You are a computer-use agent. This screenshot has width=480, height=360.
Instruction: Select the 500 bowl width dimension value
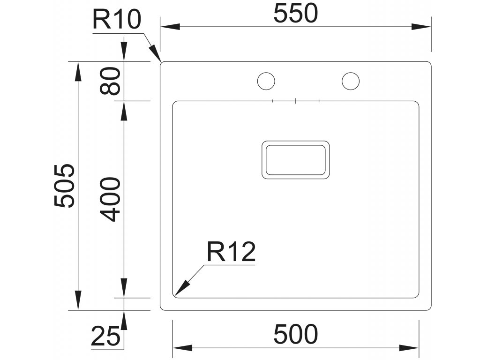pyautogui.click(x=295, y=334)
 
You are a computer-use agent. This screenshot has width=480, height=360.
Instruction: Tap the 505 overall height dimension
pyautogui.click(x=64, y=186)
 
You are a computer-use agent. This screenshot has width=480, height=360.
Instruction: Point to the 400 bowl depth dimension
pyautogui.click(x=111, y=199)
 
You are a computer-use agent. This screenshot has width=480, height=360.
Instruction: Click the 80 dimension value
pyautogui.click(x=111, y=81)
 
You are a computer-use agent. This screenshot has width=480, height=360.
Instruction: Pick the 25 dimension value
pyautogui.click(x=105, y=337)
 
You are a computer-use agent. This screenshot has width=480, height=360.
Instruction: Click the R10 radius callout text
pyautogui.click(x=116, y=20)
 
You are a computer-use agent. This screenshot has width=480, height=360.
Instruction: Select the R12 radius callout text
pyautogui.click(x=231, y=253)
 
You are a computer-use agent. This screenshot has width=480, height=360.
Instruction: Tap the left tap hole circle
pyautogui.click(x=266, y=81)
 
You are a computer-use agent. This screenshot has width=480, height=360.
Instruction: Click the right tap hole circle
pyautogui.click(x=350, y=81)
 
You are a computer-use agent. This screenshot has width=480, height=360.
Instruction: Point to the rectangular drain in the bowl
pyautogui.click(x=295, y=159)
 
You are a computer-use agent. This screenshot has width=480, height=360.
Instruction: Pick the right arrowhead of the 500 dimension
pyautogui.click(x=410, y=348)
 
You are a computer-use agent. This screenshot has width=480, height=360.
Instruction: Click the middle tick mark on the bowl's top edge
pyautogui.click(x=296, y=101)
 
